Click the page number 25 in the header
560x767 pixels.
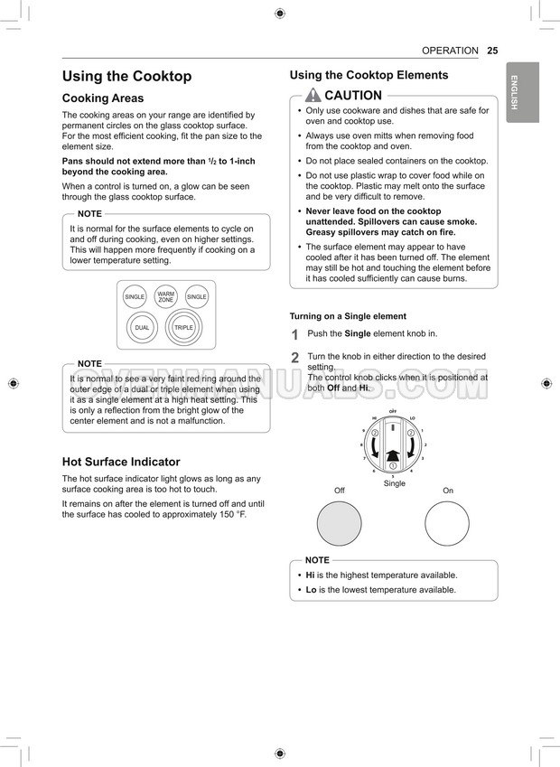pyautogui.click(x=492, y=51)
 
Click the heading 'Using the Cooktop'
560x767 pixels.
pyautogui.click(x=126, y=77)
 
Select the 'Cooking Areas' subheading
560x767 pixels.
pyautogui.click(x=102, y=98)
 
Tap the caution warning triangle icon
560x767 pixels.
pyautogui.click(x=313, y=96)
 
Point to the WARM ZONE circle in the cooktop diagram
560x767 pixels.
pyautogui.click(x=166, y=296)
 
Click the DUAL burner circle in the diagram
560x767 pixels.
pyautogui.click(x=142, y=327)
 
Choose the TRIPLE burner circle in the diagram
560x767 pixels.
pyautogui.click(x=184, y=327)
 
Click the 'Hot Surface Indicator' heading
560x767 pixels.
pyautogui.click(x=121, y=462)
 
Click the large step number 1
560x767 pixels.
pyautogui.click(x=294, y=335)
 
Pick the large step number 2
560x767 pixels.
pyautogui.click(x=294, y=359)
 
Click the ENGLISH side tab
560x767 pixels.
pyautogui.click(x=522, y=92)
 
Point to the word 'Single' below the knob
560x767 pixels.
pyautogui.click(x=395, y=483)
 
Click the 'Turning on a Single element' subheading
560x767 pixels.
pyautogui.click(x=348, y=316)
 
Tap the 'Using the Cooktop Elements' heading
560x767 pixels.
pyautogui.click(x=369, y=76)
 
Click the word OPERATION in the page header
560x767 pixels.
pyautogui.click(x=450, y=51)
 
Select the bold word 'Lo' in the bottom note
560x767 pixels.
pyautogui.click(x=311, y=590)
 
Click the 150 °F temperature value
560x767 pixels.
pyautogui.click(x=227, y=514)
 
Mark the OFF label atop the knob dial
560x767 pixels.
pyautogui.click(x=393, y=411)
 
